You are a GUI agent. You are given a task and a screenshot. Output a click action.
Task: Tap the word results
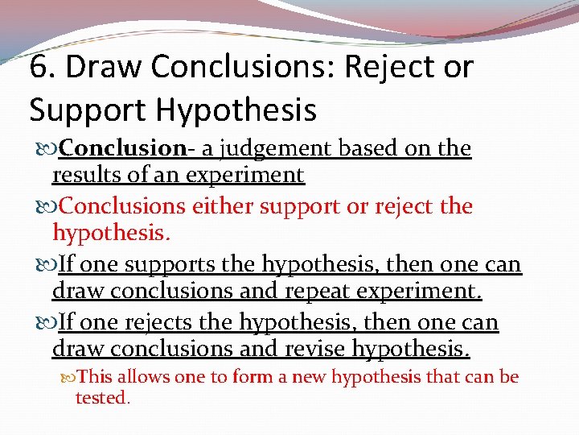[x=87, y=175]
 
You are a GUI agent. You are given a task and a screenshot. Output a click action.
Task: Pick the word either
[x=224, y=206]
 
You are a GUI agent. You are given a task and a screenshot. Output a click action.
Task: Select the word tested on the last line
[x=101, y=397]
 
